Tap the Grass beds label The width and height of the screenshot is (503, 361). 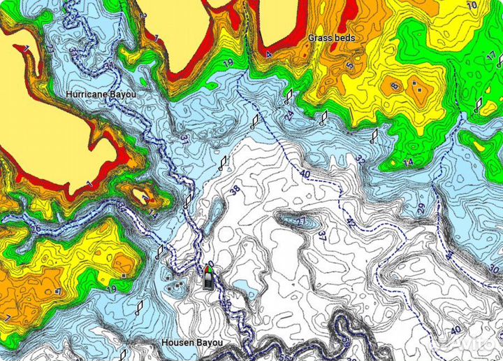tap(332, 38)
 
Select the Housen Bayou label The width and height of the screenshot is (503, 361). tap(192, 343)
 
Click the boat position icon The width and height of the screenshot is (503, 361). tap(208, 278)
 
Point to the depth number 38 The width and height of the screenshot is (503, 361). tap(235, 189)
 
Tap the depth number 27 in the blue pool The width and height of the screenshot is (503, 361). tap(300, 222)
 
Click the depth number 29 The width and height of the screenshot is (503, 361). tap(421, 208)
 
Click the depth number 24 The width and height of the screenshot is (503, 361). tap(290, 115)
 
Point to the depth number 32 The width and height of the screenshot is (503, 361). tap(360, 161)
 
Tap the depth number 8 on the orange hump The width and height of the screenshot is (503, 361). tap(394, 87)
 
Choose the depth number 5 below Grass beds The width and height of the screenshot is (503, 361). tap(349, 66)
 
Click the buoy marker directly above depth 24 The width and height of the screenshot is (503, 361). tap(288, 96)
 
